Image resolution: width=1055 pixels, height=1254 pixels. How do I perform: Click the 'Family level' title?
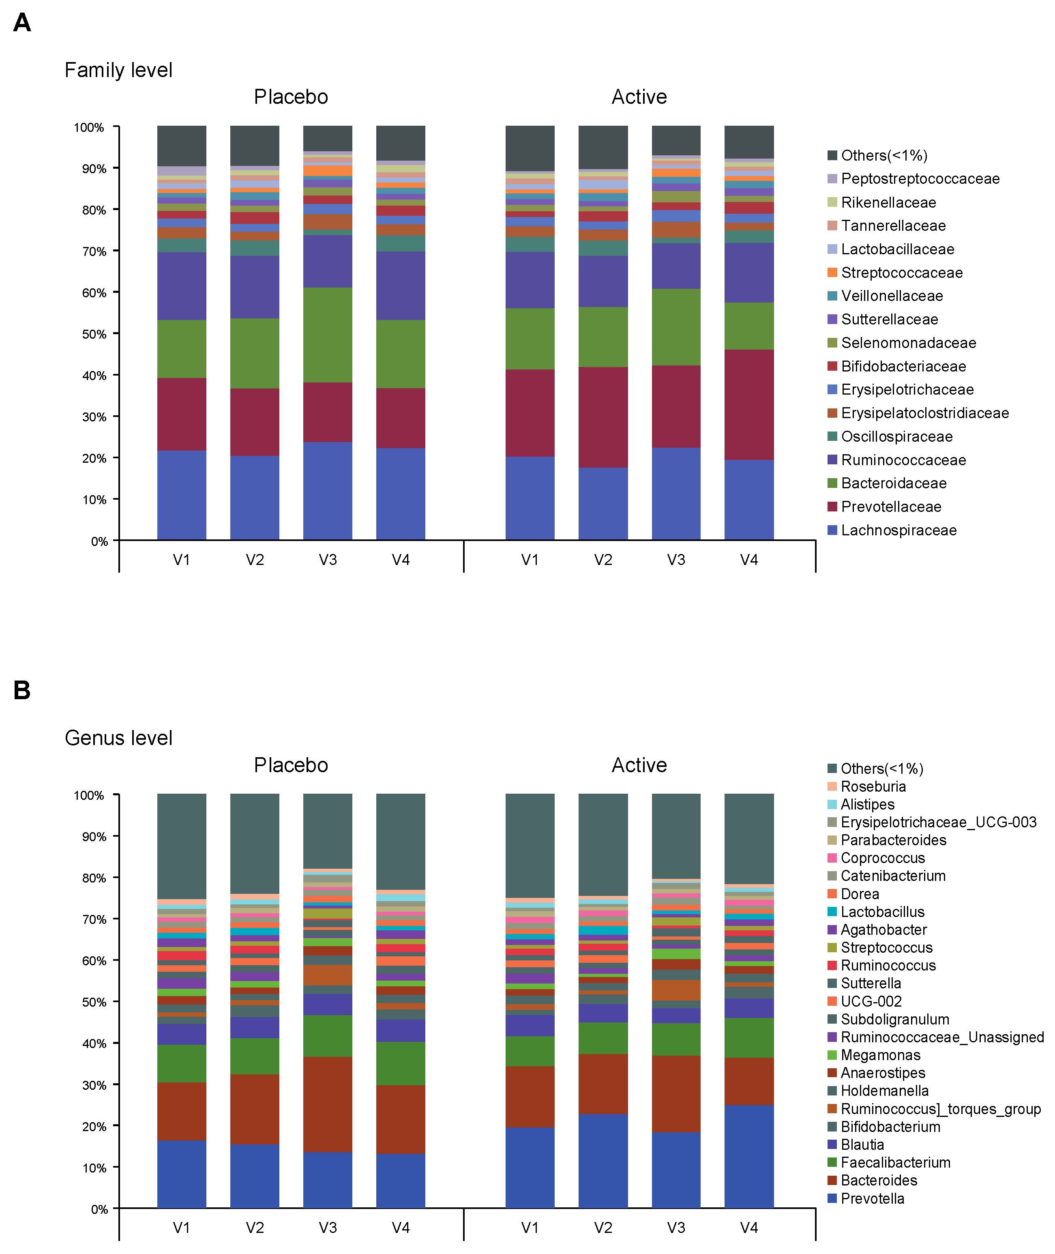click(x=118, y=70)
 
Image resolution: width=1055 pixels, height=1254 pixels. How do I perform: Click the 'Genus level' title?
click(x=118, y=738)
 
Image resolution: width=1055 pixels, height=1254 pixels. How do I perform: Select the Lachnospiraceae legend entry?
click(x=898, y=530)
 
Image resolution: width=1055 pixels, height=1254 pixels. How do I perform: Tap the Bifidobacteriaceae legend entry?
click(x=903, y=366)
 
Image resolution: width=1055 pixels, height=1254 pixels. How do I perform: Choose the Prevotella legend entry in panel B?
click(x=872, y=1198)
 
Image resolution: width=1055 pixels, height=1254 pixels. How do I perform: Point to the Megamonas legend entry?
click(x=880, y=1055)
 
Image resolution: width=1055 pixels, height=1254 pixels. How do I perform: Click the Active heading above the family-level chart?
click(x=639, y=97)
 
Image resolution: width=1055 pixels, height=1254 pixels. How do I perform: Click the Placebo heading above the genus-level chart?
click(x=291, y=765)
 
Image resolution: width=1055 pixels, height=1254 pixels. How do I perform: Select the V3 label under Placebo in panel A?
click(x=328, y=559)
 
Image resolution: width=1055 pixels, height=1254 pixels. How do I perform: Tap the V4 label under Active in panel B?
click(x=749, y=1228)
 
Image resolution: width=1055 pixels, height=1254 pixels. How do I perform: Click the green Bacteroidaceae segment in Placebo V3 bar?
click(x=328, y=335)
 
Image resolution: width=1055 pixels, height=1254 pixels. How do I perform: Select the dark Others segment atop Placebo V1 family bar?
click(x=182, y=145)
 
